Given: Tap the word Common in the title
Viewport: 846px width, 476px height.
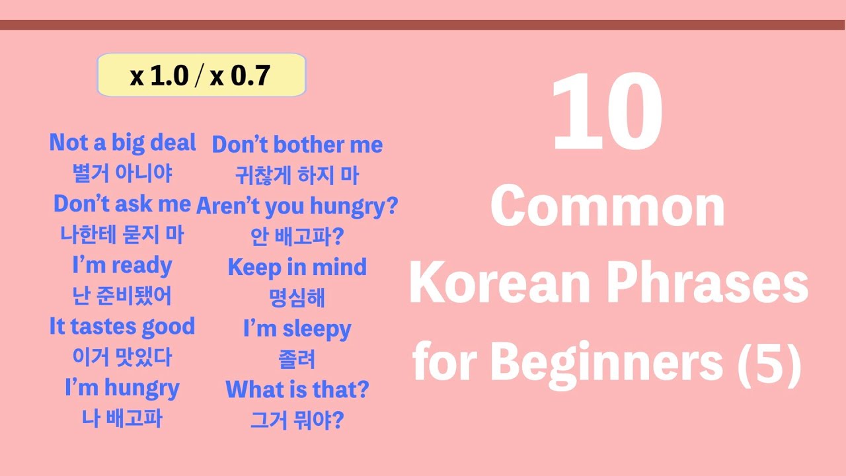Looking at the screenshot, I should click(x=607, y=207).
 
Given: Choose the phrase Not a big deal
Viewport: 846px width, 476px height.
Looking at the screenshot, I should click(x=122, y=143).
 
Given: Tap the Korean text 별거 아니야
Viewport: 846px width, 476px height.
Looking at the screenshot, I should click(x=122, y=173).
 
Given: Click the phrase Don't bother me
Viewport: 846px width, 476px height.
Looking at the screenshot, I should click(x=297, y=145).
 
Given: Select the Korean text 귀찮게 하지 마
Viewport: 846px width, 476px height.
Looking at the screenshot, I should click(x=297, y=175).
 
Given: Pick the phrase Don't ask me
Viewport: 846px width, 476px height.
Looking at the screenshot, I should click(x=122, y=204).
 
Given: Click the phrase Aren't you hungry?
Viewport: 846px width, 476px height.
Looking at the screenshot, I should click(x=297, y=206).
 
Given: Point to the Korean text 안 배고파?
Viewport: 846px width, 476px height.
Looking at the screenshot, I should click(x=297, y=236).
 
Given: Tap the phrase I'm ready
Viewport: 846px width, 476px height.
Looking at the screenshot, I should click(x=122, y=266).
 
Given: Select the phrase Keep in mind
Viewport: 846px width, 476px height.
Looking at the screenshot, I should click(x=297, y=267).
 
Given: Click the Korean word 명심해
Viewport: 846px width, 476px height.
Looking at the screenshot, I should click(x=297, y=297).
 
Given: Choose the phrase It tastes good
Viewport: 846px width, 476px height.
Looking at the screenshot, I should click(x=122, y=327).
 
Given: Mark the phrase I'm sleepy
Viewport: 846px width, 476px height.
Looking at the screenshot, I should click(x=297, y=329).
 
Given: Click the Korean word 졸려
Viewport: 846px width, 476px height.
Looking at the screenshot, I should click(x=297, y=359).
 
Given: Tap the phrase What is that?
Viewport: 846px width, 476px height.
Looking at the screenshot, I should click(x=297, y=389).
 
